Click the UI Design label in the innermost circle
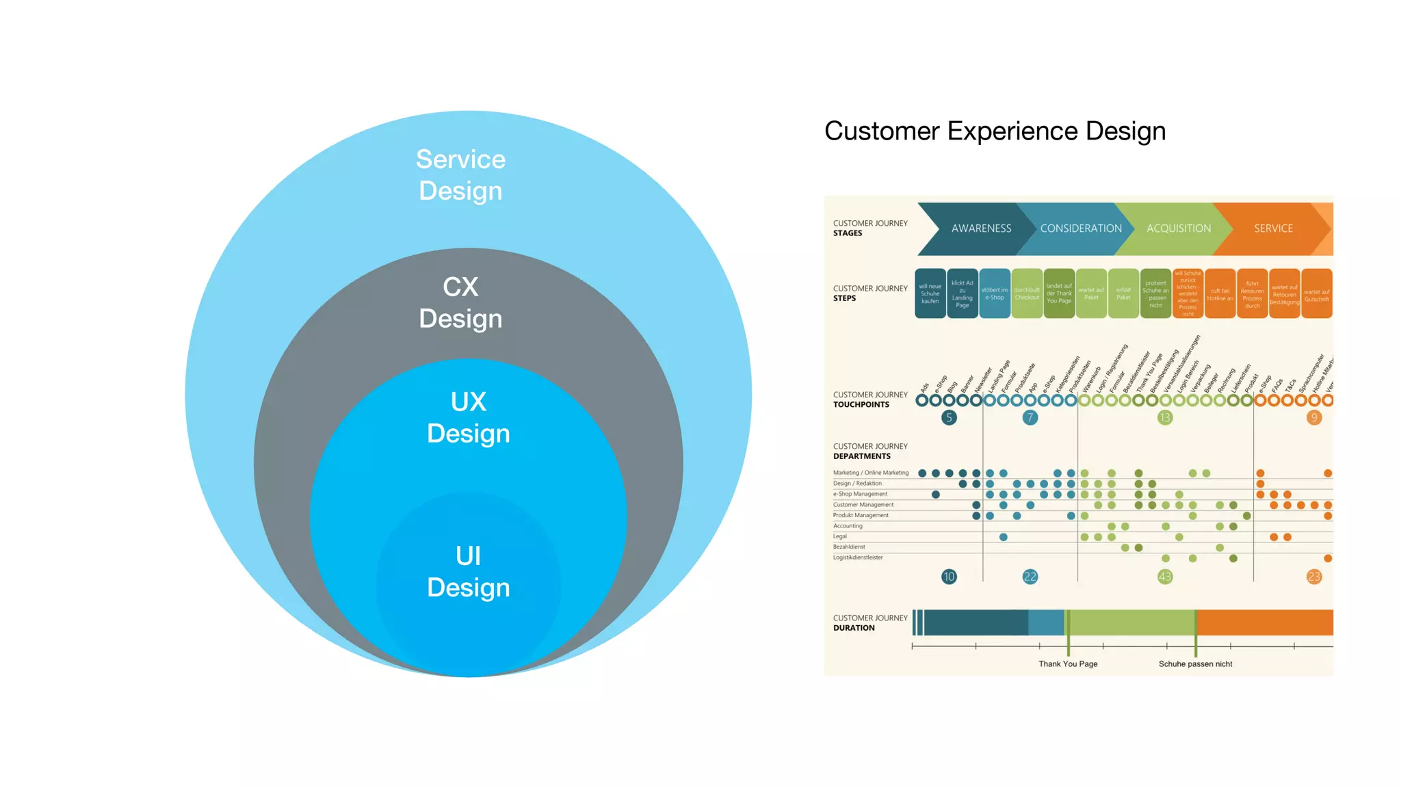[x=469, y=572]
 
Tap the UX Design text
[x=469, y=417]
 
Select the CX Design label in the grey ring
[x=460, y=302]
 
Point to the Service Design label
[x=460, y=175]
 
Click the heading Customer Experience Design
[x=995, y=131]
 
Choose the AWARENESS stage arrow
[x=981, y=228]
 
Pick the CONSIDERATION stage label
[x=1081, y=228]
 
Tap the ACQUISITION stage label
[x=1179, y=228]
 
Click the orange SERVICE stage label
[x=1273, y=228]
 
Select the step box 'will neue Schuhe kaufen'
[x=930, y=294]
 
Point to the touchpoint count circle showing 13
[x=1165, y=418]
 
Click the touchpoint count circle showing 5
[x=949, y=418]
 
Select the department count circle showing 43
[x=1165, y=577]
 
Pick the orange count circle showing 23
[x=1314, y=577]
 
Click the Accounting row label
[x=848, y=526]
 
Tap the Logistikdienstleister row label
[x=858, y=557]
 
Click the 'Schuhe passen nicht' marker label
[x=1195, y=664]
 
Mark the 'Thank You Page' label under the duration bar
[x=1068, y=664]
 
